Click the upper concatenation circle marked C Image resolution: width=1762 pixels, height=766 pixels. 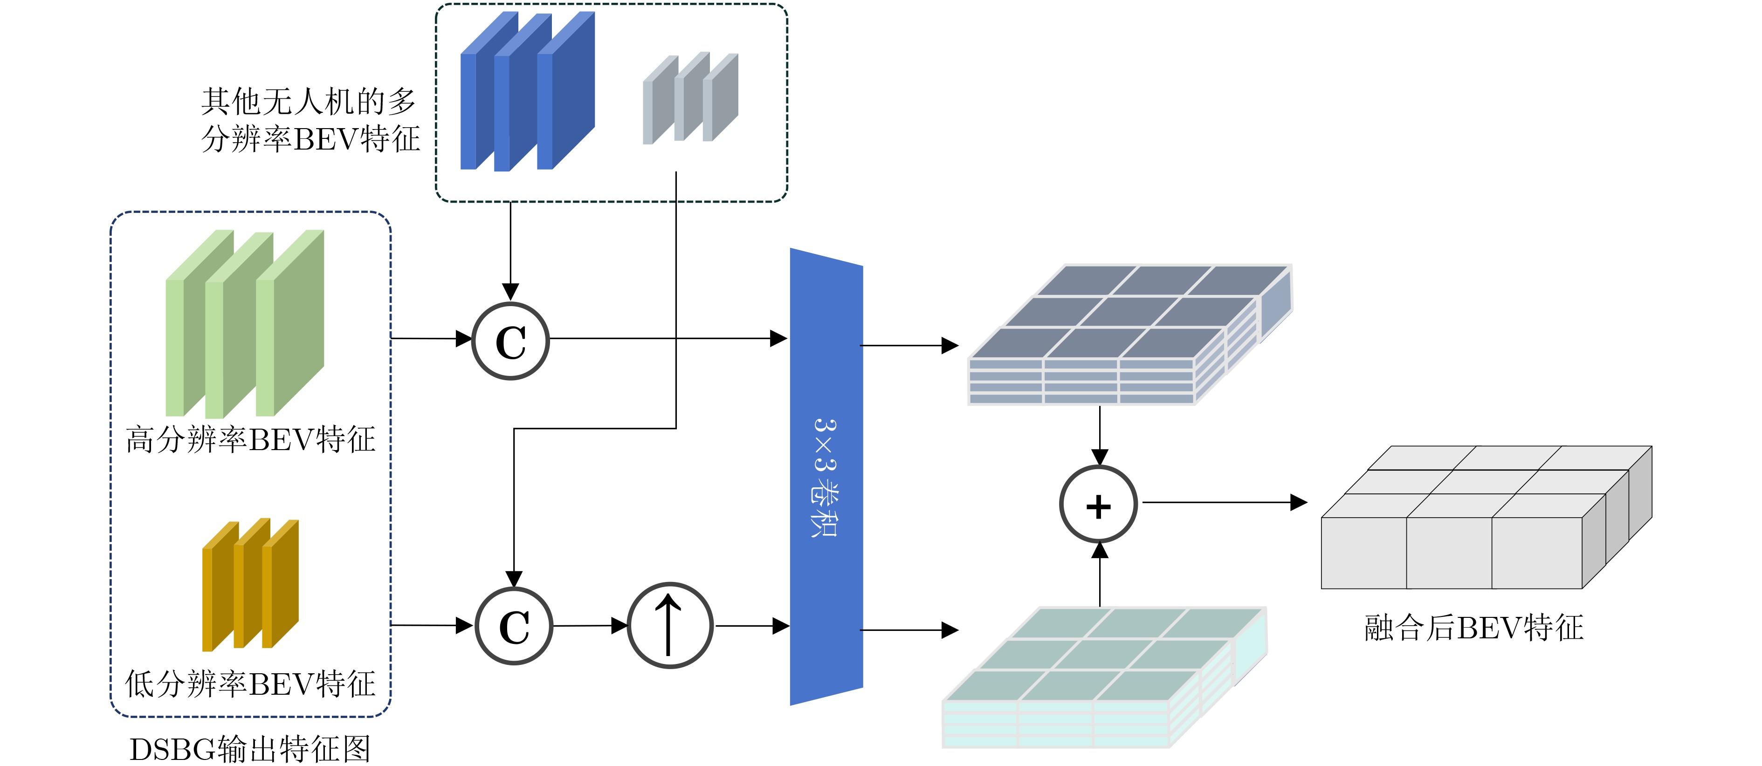click(510, 341)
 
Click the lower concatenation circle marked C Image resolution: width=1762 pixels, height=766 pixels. click(514, 626)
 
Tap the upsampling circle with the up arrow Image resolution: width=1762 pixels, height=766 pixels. click(670, 625)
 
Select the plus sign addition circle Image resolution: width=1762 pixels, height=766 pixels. click(1098, 505)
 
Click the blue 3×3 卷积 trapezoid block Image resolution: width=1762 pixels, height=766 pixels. click(826, 477)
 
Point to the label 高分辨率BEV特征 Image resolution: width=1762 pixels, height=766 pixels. click(250, 440)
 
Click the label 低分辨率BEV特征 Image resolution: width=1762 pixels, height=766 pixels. click(250, 684)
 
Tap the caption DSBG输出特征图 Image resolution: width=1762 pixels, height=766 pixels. click(250, 749)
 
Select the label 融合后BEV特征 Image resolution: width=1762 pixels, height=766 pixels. click(1473, 628)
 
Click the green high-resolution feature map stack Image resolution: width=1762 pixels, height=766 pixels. click(245, 323)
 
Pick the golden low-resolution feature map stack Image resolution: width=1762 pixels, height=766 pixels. click(250, 585)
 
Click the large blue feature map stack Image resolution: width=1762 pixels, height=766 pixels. click(527, 91)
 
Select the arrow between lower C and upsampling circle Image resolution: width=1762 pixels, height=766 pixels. click(590, 625)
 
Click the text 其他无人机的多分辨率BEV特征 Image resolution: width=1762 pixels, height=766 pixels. click(310, 120)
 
